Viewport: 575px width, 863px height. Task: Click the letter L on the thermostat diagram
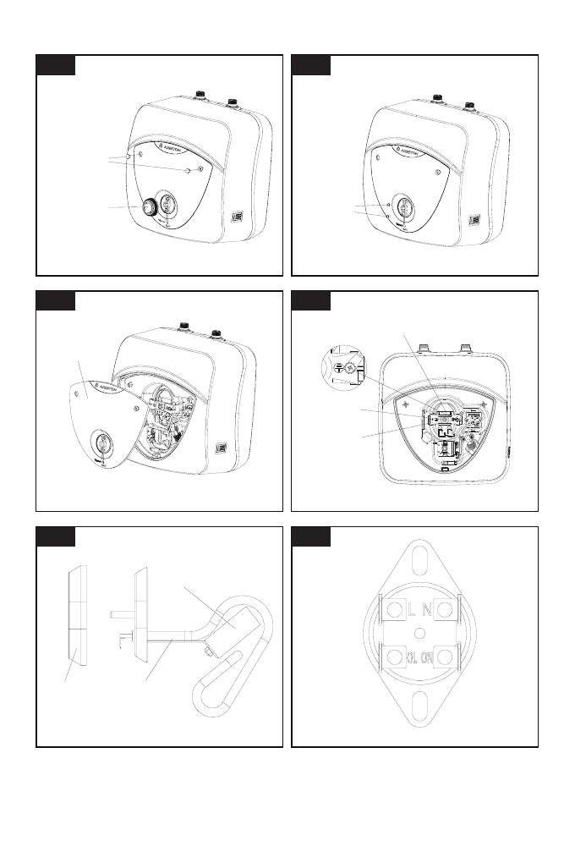point(411,608)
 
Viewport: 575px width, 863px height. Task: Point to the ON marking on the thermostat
point(430,657)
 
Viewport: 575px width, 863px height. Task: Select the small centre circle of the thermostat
point(419,633)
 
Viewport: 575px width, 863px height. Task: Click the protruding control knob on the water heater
point(151,206)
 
